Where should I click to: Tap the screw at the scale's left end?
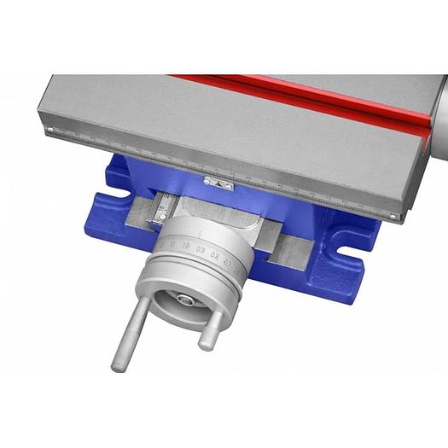(x=50, y=131)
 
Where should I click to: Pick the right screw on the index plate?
(x=230, y=185)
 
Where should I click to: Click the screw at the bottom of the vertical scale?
(x=157, y=220)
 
